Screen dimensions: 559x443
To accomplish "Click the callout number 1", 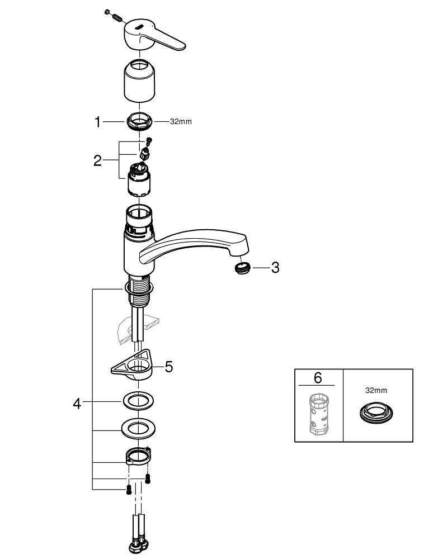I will point(98,122).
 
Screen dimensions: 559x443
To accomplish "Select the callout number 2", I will point(98,161).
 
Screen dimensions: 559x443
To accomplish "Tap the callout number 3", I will point(274,268).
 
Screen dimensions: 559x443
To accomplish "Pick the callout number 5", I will point(168,367).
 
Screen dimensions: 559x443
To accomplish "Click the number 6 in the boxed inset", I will point(318,378).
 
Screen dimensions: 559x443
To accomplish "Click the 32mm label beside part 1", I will point(181,122).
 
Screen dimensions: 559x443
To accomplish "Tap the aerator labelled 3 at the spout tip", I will point(242,268).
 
